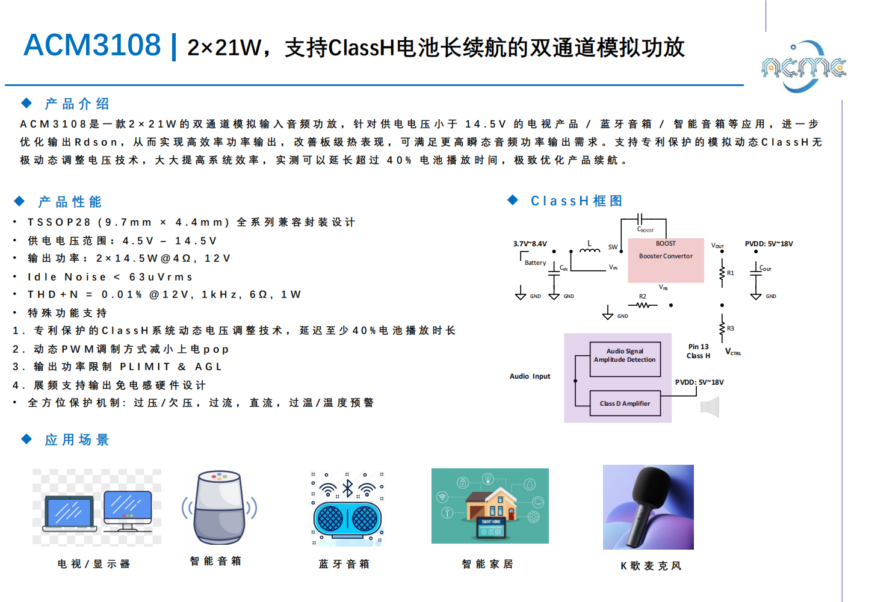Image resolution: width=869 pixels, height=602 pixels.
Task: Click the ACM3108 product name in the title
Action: coord(92,45)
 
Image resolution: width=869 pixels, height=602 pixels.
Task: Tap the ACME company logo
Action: coord(804,67)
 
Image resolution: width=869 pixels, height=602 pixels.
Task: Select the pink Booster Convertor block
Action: coord(666,260)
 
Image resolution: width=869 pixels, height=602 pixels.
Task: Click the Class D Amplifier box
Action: coord(625,403)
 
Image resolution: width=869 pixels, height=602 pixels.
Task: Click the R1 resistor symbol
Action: coord(722,273)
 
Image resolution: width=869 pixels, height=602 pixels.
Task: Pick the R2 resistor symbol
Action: coord(643,305)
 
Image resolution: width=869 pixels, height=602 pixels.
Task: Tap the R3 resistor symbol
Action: coord(722,328)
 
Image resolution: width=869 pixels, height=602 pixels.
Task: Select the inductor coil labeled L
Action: coord(590,250)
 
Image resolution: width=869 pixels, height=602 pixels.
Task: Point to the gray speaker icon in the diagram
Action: coord(710,408)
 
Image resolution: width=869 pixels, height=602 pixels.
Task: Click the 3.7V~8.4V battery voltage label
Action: coord(530,244)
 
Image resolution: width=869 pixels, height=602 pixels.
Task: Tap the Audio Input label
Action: coord(530,376)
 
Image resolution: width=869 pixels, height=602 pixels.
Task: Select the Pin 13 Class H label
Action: coord(698,351)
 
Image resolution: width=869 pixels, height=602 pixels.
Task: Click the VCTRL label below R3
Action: coord(733,352)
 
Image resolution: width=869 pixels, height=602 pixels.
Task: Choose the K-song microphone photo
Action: coord(648,507)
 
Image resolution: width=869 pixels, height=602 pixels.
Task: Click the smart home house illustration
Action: coord(490,506)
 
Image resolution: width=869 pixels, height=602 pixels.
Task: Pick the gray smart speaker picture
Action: coord(219,507)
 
